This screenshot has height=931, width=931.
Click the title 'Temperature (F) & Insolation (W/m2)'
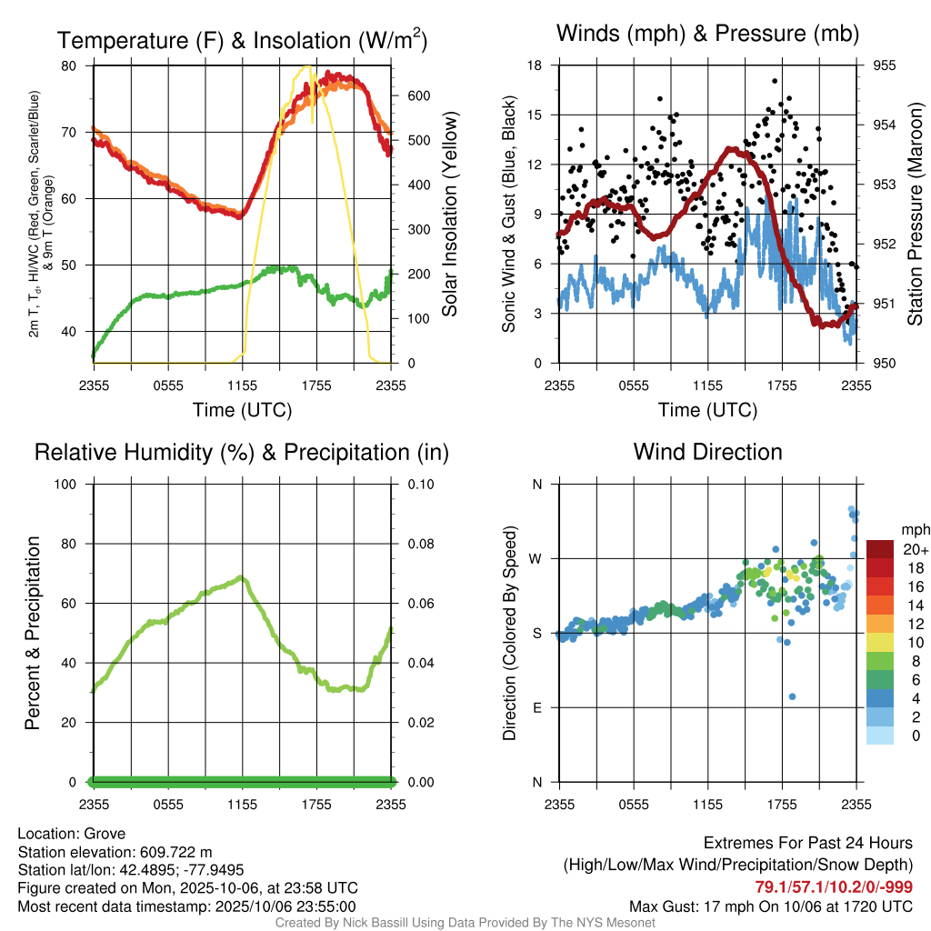click(242, 40)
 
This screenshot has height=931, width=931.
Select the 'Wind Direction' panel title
click(707, 452)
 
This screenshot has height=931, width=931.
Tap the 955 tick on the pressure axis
click(885, 65)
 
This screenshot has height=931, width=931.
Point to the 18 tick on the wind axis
click(536, 65)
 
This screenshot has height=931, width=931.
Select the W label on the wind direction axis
click(536, 558)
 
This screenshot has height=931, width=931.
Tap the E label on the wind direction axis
click(536, 707)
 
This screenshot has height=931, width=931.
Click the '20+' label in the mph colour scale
click(914, 550)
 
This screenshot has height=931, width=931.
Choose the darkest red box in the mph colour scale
click(880, 549)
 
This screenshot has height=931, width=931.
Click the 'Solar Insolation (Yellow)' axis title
click(449, 215)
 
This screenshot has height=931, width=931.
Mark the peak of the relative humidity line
click(241, 576)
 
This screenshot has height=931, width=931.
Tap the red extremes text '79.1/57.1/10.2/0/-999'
click(834, 886)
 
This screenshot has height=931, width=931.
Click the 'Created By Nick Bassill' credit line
click(465, 922)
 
